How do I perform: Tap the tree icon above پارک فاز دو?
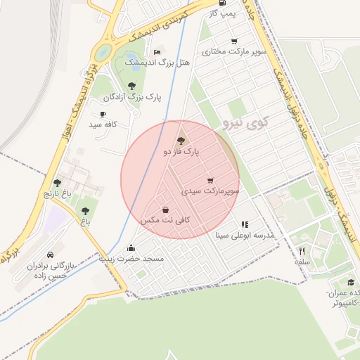click(x=181, y=141)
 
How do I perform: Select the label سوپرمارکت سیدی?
click(x=210, y=191)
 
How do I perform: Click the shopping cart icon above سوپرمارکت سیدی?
click(x=210, y=181)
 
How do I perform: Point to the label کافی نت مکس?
click(x=165, y=220)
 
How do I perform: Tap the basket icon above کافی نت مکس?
click(x=165, y=210)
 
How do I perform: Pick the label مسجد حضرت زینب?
click(x=131, y=259)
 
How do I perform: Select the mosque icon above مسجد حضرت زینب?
click(x=131, y=247)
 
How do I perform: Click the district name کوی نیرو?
click(x=245, y=124)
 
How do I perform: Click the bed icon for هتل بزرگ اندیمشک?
click(x=157, y=52)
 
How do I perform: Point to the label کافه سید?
click(x=103, y=124)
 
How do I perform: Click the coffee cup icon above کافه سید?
click(x=103, y=114)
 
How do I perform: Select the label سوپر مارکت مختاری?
click(x=234, y=51)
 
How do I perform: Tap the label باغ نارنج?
click(x=58, y=193)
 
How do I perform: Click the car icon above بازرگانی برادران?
click(x=50, y=255)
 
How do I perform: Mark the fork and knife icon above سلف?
click(x=302, y=251)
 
